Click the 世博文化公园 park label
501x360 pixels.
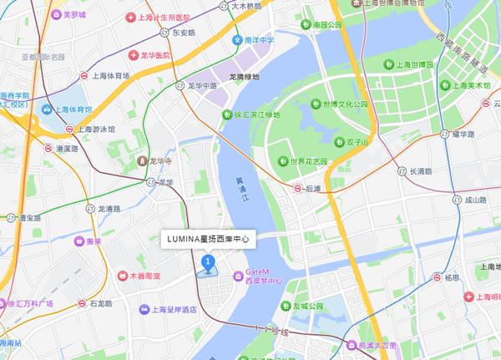(x=339, y=105)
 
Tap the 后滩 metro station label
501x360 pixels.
(x=313, y=190)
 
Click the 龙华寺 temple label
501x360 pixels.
(x=160, y=161)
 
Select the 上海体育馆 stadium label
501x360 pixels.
(x=75, y=109)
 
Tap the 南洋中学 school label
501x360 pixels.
(x=260, y=39)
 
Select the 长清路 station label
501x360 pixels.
(x=419, y=171)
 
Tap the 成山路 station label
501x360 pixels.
(x=474, y=200)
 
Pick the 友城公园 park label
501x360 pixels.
(x=306, y=306)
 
